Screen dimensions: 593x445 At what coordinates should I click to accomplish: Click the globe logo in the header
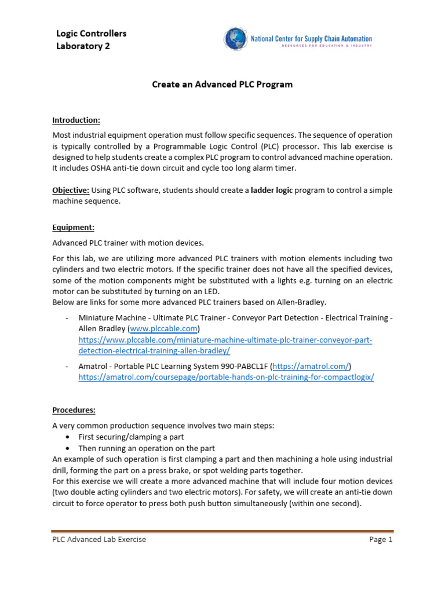235,39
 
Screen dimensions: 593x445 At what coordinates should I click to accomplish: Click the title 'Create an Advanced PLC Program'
222,85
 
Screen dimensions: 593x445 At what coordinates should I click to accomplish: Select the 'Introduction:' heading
76,120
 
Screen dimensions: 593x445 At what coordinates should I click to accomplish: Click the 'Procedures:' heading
74,410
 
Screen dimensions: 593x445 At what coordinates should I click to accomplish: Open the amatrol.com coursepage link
226,377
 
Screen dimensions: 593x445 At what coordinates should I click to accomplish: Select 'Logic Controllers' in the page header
91,34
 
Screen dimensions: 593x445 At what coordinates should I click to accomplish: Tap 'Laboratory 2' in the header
83,46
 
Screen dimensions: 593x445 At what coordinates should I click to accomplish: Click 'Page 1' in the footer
381,540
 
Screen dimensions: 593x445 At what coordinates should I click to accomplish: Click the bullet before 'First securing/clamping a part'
70,437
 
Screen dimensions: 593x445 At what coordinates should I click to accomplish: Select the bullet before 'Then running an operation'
70,448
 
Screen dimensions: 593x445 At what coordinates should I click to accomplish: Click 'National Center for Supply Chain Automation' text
311,39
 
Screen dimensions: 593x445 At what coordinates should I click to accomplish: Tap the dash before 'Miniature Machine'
68,317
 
